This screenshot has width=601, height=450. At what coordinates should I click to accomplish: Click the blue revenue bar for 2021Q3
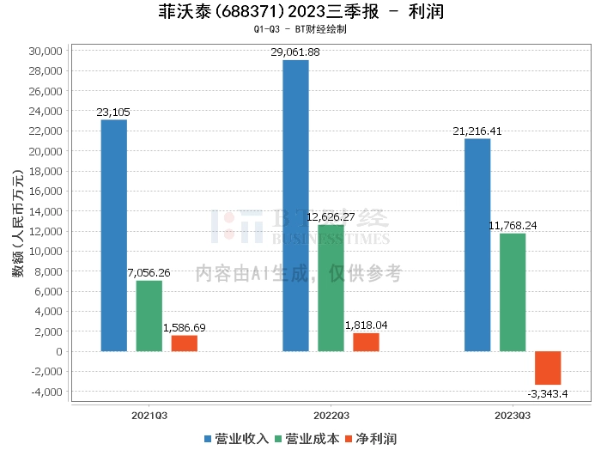(114, 235)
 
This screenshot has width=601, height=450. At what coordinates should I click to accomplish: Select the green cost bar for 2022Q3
(331, 288)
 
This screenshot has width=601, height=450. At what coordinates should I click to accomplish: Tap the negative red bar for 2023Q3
(548, 368)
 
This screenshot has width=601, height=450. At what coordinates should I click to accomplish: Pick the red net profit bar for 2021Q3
(185, 344)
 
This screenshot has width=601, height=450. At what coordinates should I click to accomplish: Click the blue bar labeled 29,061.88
(295, 206)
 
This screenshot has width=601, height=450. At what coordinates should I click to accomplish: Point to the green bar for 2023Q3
(513, 293)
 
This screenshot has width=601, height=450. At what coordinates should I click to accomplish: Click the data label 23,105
(113, 112)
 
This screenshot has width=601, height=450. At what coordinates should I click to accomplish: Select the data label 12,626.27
(331, 217)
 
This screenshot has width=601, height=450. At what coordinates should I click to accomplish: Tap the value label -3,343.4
(548, 394)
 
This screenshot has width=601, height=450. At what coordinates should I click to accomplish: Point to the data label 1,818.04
(366, 325)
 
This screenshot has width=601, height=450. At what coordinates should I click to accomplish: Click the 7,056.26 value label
(149, 273)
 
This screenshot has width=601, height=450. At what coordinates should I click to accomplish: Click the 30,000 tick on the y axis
(46, 51)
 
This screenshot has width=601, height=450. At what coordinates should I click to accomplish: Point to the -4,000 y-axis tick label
(46, 392)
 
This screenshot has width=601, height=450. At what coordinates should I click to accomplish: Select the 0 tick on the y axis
(59, 351)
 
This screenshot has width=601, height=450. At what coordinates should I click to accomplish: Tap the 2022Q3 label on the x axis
(331, 416)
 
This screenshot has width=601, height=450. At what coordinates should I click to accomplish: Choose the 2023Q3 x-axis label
(513, 416)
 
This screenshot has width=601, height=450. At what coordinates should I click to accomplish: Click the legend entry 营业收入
(236, 439)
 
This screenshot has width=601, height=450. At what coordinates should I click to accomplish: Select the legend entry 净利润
(371, 439)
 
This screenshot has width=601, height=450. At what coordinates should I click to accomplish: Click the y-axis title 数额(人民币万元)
(18, 222)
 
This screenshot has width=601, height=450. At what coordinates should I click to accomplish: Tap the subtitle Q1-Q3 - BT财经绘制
(300, 29)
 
